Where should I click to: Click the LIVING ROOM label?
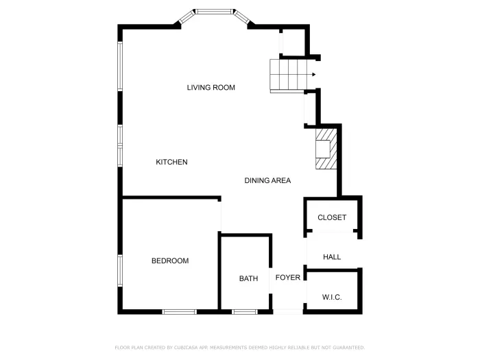click(211, 88)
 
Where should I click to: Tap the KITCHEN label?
click(171, 163)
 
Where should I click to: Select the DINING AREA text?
click(267, 181)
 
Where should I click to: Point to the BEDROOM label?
click(170, 261)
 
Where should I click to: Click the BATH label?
click(248, 279)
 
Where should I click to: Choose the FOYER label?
click(288, 278)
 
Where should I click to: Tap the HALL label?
click(332, 257)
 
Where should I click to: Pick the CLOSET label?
click(332, 218)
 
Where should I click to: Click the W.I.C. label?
click(332, 298)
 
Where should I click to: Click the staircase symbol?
click(285, 75)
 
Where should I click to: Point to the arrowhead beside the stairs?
click(313, 75)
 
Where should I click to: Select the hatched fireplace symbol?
click(326, 148)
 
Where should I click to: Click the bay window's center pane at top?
click(214, 11)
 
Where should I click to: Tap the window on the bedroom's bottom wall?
click(180, 312)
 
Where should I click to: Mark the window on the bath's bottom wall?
click(244, 312)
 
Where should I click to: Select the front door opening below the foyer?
click(288, 312)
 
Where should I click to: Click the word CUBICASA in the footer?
click(180, 348)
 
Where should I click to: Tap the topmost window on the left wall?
click(120, 67)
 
